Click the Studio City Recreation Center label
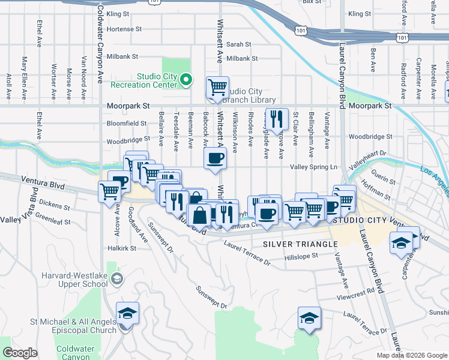(x=157, y=80)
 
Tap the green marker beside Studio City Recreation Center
(x=186, y=79)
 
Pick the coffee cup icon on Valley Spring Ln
(x=215, y=158)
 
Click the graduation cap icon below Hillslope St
(x=309, y=317)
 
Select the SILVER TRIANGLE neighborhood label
(x=300, y=244)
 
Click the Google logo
(x=20, y=353)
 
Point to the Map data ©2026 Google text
(x=412, y=355)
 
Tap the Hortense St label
(x=124, y=29)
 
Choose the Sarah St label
(x=238, y=44)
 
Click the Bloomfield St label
(x=127, y=123)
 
